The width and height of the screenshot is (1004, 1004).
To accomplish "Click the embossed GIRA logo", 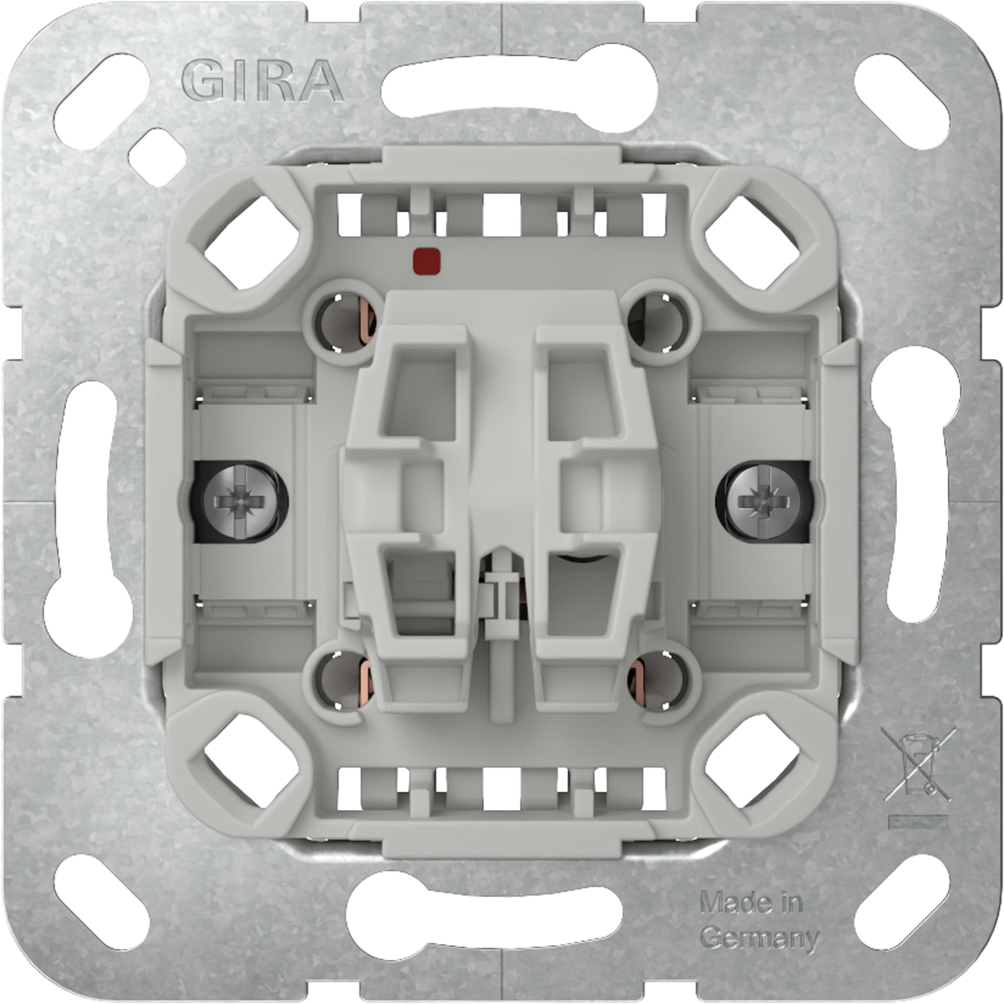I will click(x=262, y=81).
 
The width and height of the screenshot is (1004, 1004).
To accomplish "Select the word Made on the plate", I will click(x=727, y=904).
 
